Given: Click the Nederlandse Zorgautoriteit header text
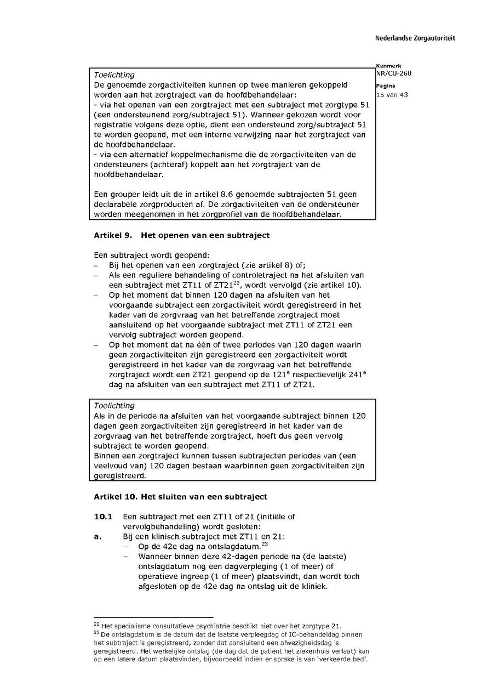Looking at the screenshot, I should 415,38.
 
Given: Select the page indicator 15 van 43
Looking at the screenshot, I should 392,95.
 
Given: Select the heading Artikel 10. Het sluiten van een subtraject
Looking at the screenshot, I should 180,497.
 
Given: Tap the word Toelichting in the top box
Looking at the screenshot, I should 114,75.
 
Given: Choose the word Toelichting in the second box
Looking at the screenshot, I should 114,406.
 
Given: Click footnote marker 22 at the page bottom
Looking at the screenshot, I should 96,624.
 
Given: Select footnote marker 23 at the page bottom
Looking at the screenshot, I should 96,633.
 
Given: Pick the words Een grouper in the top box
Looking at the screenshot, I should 116,194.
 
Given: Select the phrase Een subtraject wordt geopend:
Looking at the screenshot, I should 151,255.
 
